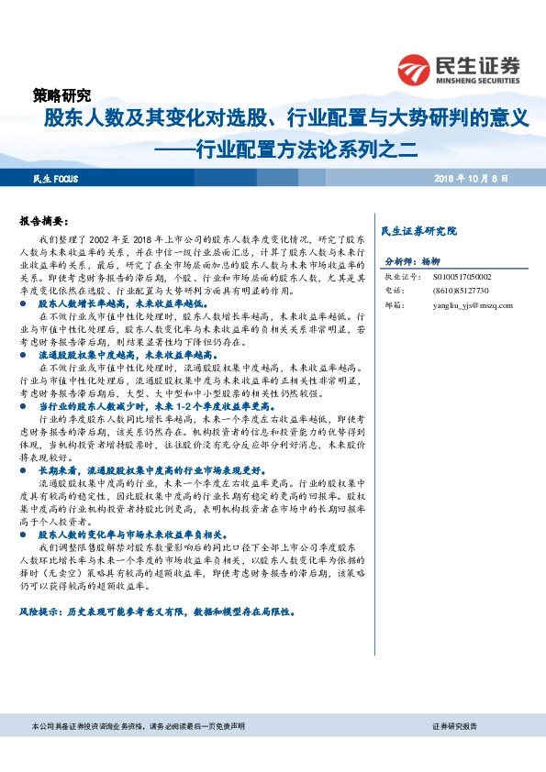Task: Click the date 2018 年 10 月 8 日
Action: point(471,178)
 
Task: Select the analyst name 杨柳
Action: point(444,261)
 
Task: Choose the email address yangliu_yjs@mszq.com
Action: point(472,305)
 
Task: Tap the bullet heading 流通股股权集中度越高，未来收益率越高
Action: point(125,353)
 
